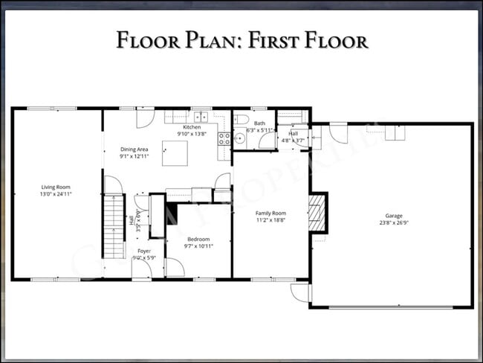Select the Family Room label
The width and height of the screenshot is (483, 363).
point(270,212)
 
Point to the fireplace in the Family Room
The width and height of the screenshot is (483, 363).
point(317,213)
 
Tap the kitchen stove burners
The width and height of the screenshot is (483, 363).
point(223,138)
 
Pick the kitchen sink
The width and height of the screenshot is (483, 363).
point(200,117)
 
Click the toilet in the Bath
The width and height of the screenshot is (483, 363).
point(239,120)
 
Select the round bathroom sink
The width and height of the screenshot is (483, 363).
point(240,138)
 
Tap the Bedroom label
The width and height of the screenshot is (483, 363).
point(198,239)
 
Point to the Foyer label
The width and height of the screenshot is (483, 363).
point(143,251)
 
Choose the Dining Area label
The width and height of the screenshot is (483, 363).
point(134,150)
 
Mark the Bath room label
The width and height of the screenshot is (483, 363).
point(259,123)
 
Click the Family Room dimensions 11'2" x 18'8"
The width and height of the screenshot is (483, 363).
point(270,219)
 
